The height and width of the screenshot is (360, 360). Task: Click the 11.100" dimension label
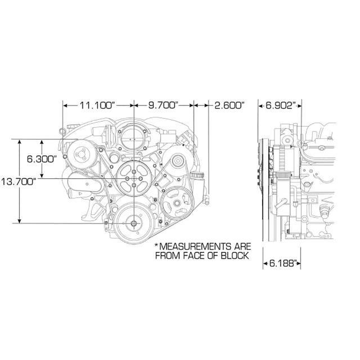pos(97,105)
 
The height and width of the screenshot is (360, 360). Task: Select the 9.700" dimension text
pos(163,105)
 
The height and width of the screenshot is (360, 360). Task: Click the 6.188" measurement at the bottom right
pos(281,263)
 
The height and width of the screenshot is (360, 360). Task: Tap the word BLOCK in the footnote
pos(233,256)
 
